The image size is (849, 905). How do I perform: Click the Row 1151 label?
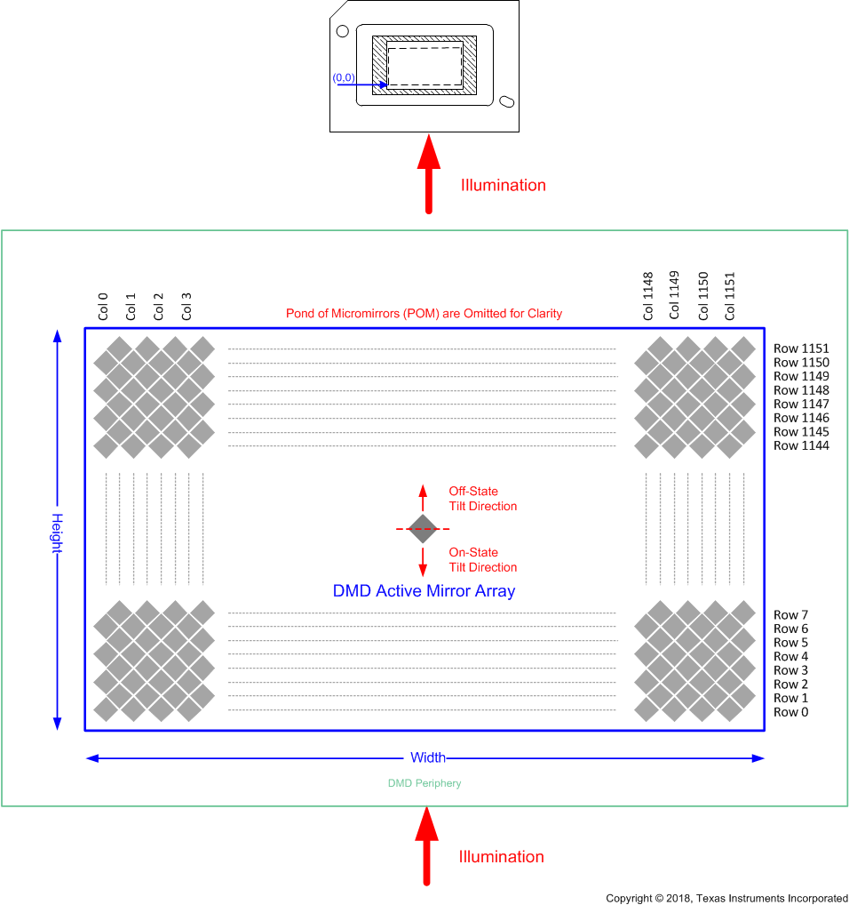pos(801,348)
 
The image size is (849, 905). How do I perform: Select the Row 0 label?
pos(791,712)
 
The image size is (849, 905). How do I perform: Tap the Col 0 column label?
pos(103,307)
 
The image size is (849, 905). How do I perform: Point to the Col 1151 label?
pos(730,296)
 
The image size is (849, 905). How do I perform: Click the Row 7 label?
pos(791,614)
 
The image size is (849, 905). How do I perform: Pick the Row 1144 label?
pos(801,445)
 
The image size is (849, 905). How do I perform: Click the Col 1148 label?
pos(647,296)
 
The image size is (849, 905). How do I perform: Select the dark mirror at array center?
pos(423,529)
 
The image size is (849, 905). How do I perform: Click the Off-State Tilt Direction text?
pos(482,499)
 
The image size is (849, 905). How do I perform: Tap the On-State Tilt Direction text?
pos(482,560)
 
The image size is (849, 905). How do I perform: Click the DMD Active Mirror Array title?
pos(424,591)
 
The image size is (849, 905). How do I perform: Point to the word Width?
pos(427,758)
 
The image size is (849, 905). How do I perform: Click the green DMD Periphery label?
pos(424,784)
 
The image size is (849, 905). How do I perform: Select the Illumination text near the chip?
pos(503,186)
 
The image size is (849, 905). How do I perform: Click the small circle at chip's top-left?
pos(343,31)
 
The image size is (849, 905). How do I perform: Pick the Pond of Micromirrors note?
pos(424,314)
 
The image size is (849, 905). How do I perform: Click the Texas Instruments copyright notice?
pos(726,899)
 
